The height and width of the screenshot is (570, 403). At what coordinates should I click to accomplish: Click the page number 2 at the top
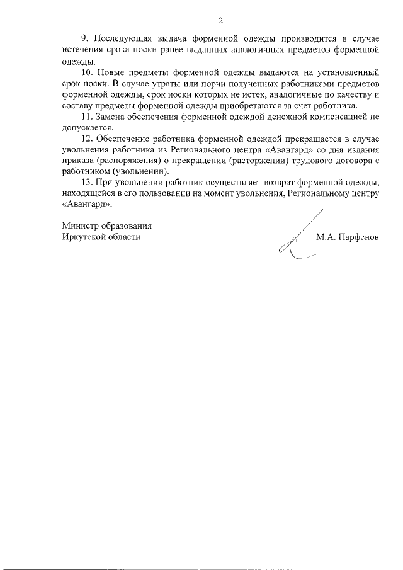(220, 21)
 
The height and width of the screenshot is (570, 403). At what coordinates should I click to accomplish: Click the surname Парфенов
(359, 237)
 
